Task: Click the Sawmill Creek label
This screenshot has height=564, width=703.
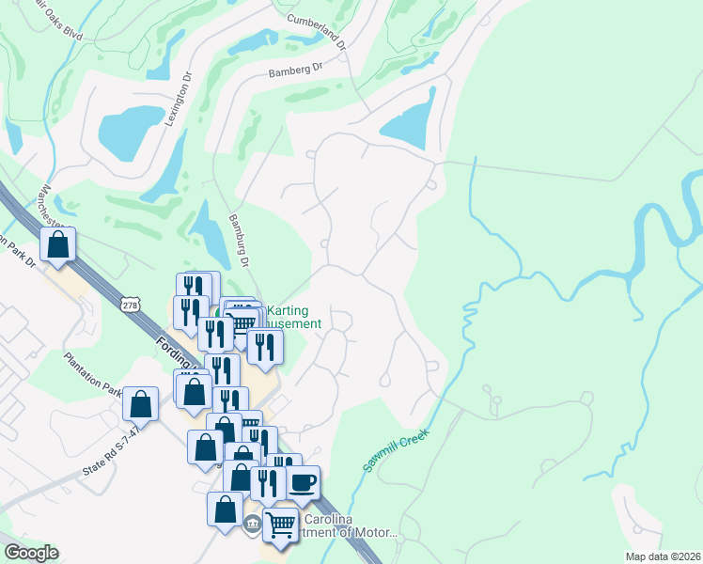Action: (397, 451)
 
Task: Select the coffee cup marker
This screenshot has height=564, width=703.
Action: (303, 483)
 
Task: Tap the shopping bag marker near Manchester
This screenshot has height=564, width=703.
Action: (58, 246)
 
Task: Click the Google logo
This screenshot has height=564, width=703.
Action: (31, 553)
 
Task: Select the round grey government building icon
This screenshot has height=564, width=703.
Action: (252, 524)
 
